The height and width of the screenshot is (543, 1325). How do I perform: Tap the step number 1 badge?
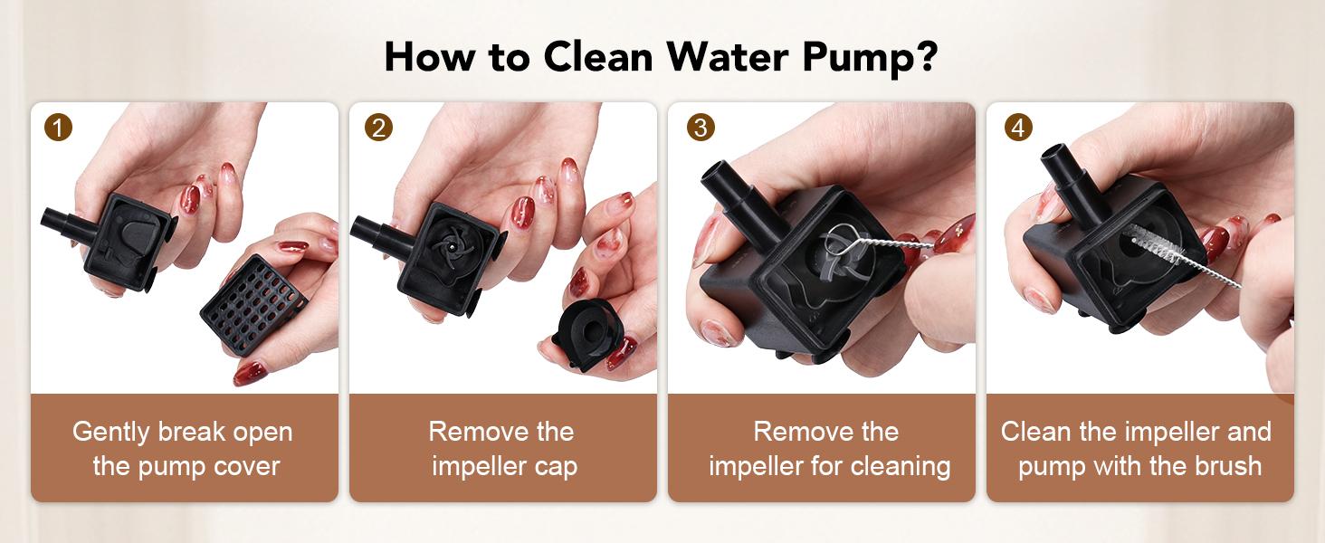click(x=58, y=128)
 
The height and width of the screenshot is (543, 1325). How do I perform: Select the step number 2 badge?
click(x=378, y=128)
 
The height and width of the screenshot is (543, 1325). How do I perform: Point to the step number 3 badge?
click(x=701, y=128)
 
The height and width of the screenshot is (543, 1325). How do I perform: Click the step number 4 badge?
click(x=1018, y=128)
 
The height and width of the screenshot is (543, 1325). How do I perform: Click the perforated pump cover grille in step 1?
click(x=254, y=305)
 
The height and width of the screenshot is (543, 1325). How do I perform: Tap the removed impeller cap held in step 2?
click(x=587, y=334)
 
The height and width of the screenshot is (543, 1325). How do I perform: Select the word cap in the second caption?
click(x=555, y=468)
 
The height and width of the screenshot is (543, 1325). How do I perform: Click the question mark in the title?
click(x=926, y=55)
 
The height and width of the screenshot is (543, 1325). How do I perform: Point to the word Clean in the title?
click(x=597, y=57)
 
